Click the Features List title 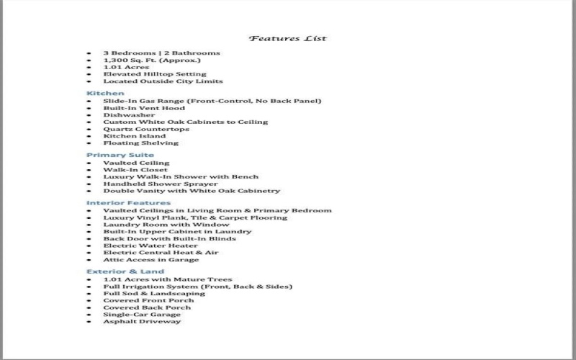287,38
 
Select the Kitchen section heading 105,94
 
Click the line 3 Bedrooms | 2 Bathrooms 161,53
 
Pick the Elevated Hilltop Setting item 154,74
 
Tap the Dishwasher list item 129,114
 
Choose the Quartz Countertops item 146,129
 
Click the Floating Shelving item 140,143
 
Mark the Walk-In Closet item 135,170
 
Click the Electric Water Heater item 150,246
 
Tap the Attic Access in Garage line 150,259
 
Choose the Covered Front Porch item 148,300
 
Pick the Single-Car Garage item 142,314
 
